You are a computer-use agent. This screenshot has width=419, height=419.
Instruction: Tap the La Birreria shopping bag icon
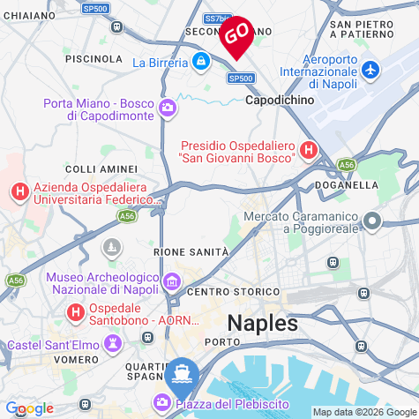(202, 62)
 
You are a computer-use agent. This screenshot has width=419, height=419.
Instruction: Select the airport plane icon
(370, 69)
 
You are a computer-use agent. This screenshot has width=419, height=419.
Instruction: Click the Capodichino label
(279, 101)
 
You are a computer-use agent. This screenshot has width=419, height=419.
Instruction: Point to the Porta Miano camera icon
(168, 108)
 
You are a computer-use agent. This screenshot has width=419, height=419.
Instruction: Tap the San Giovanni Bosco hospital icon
(309, 151)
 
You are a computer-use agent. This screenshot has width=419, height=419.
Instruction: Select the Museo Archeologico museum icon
(172, 282)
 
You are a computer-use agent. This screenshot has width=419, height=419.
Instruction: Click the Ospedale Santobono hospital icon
(77, 312)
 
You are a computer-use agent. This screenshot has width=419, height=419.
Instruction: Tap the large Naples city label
(263, 323)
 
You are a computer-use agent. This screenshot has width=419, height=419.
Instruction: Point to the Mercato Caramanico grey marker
(373, 221)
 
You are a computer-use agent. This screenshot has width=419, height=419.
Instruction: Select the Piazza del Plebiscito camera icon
(163, 403)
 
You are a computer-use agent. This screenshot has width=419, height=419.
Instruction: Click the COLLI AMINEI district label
(101, 168)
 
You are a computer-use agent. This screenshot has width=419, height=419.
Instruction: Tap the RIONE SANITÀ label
(191, 252)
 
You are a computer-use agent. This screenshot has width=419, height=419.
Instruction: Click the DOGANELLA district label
(346, 186)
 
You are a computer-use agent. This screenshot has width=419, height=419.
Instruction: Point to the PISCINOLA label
(94, 58)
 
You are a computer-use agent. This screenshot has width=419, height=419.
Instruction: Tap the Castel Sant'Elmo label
(52, 344)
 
